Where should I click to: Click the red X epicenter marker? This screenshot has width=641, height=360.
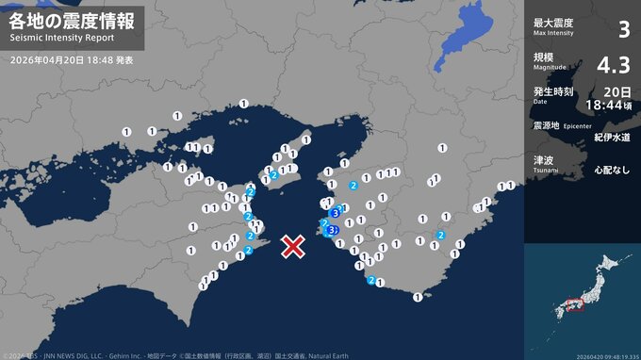(x=294, y=247)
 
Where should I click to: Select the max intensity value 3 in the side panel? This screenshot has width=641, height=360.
(x=622, y=30)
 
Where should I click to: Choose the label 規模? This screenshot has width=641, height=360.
(x=544, y=57)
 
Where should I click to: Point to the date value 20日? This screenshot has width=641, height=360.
(x=618, y=91)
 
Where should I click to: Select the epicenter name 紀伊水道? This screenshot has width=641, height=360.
(x=613, y=137)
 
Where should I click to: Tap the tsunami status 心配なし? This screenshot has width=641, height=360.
(x=613, y=172)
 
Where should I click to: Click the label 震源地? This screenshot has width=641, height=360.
(x=549, y=125)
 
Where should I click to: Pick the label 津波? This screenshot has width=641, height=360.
(x=544, y=160)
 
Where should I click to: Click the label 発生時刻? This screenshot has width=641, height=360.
(x=553, y=91)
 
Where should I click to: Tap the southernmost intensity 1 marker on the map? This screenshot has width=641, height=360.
(x=418, y=297)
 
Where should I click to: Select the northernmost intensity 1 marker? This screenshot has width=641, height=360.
(x=244, y=104)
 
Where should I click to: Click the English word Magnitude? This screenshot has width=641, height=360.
(x=551, y=66)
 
